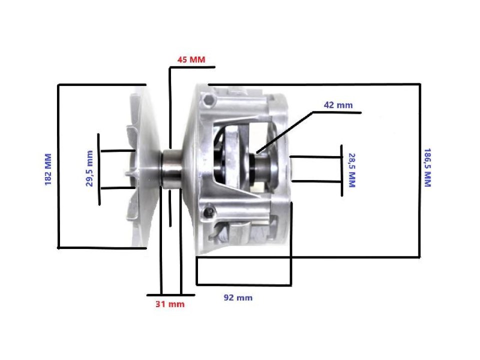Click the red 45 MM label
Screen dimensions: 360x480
pyautogui.click(x=191, y=59)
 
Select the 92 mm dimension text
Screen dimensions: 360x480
pyautogui.click(x=237, y=297)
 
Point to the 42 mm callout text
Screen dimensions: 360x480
pyautogui.click(x=338, y=105)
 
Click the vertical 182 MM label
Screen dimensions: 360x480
pyautogui.click(x=48, y=169)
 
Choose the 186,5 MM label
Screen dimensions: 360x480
pyautogui.click(x=427, y=167)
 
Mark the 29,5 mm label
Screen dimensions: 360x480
pyautogui.click(x=90, y=168)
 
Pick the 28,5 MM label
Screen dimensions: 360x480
pyautogui.click(x=351, y=170)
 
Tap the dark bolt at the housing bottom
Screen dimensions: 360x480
pyautogui.click(x=206, y=214)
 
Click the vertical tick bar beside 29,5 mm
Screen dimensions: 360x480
pyautogui.click(x=99, y=169)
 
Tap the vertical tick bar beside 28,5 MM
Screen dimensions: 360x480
pyautogui.click(x=341, y=170)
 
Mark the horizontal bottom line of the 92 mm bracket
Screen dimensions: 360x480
pyautogui.click(x=243, y=285)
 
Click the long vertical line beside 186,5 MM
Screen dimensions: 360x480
pyautogui.click(x=419, y=170)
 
